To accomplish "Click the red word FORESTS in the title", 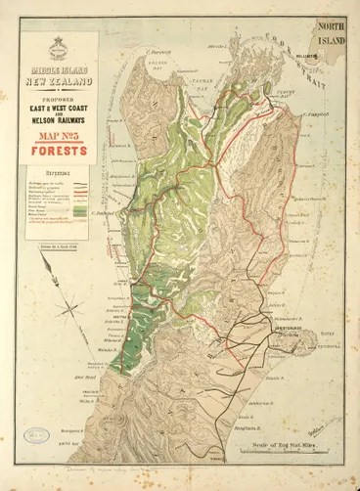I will [x=64, y=152].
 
